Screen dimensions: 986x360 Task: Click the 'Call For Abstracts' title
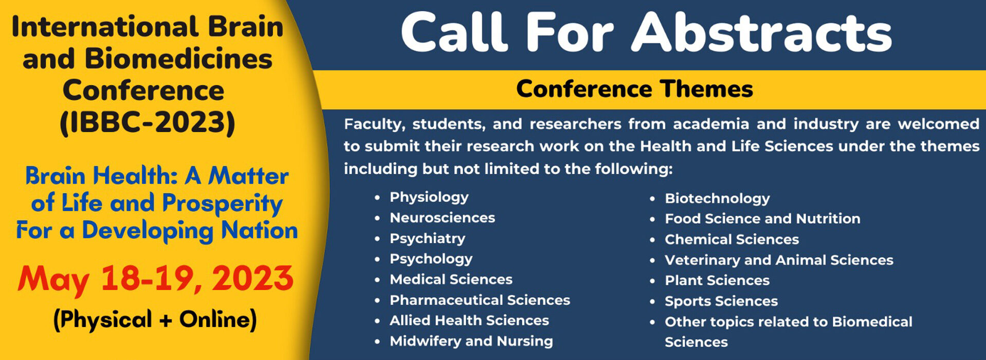[x=646, y=32]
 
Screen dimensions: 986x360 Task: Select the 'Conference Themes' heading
[x=634, y=89]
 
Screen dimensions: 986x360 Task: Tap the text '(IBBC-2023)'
[x=148, y=122]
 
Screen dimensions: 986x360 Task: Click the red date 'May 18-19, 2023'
[x=155, y=279]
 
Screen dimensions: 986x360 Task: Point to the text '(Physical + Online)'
[x=155, y=319]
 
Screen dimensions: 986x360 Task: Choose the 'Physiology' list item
[x=429, y=197]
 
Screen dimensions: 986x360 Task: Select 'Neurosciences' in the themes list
[x=442, y=218]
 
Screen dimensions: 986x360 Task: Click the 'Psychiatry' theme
[x=427, y=239]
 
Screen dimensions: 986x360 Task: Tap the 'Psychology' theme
[x=431, y=259]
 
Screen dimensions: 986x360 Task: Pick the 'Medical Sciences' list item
[x=451, y=279]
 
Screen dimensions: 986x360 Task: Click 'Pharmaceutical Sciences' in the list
[x=480, y=300]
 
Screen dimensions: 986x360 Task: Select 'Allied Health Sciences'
[x=469, y=320]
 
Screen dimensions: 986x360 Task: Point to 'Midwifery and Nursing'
[x=471, y=341]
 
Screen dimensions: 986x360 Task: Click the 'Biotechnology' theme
[x=717, y=199]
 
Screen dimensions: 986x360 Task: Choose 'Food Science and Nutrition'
[x=762, y=219]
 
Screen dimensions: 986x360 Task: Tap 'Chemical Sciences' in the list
[x=732, y=239]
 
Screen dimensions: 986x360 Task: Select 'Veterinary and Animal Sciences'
[x=779, y=260]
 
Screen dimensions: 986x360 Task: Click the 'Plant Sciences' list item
[x=717, y=280]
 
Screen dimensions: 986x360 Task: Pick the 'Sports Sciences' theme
[x=721, y=301]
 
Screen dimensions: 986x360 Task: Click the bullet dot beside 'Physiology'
[x=377, y=197]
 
